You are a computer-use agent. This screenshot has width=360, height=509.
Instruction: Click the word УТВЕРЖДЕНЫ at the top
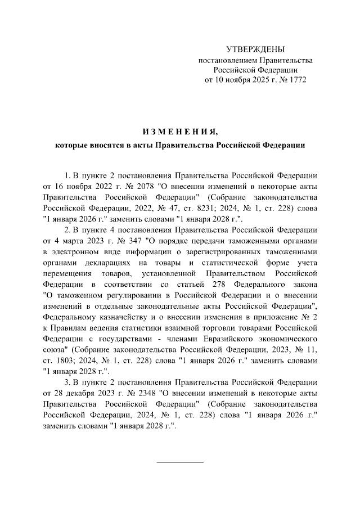point(255,49)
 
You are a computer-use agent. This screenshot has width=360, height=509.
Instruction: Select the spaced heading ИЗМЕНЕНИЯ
point(179,132)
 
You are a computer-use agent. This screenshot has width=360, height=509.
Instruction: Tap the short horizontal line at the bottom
point(179,462)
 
